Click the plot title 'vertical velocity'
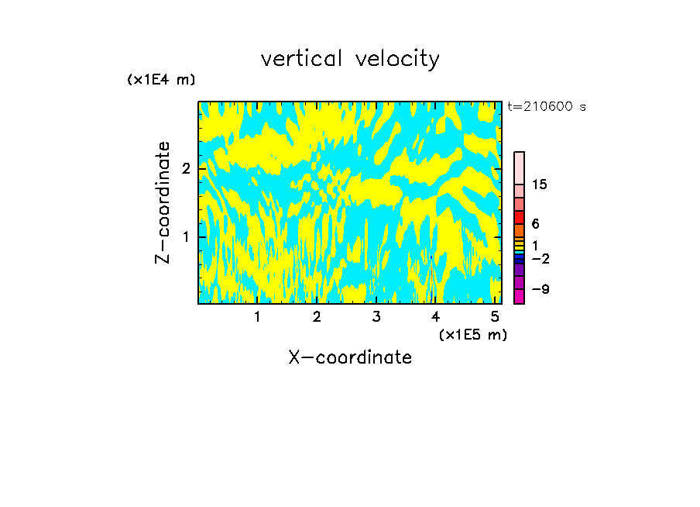click(350, 59)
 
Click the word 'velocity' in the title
click(398, 59)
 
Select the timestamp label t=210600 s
click(547, 106)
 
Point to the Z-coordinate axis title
click(163, 202)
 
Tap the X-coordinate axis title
click(350, 357)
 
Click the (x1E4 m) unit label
click(161, 79)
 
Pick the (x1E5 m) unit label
click(472, 334)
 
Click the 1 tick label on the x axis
click(257, 316)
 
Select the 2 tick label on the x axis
click(317, 316)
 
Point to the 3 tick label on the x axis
click(376, 316)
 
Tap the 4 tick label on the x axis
click(435, 316)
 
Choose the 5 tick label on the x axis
click(494, 316)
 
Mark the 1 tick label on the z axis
click(186, 236)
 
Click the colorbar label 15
click(540, 185)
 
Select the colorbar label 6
click(535, 223)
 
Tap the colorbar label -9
click(541, 289)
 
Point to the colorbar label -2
click(541, 258)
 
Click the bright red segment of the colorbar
click(519, 217)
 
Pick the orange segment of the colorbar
click(519, 230)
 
